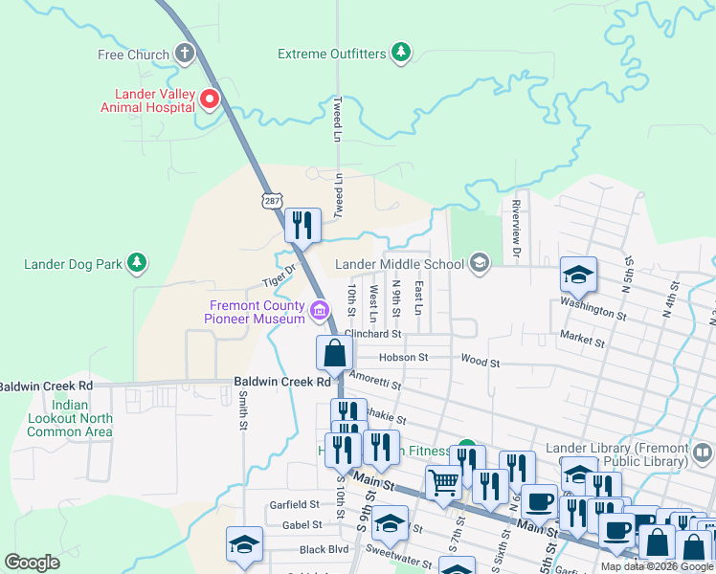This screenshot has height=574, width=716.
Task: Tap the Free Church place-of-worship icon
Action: [185, 55]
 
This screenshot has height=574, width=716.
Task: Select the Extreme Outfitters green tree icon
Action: [401, 54]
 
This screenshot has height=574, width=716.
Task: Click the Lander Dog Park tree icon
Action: [137, 263]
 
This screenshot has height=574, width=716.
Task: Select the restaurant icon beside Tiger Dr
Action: [302, 227]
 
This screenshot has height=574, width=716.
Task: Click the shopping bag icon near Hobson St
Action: [333, 353]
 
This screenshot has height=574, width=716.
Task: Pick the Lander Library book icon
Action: [702, 451]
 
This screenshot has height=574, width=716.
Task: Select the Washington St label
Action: [593, 313]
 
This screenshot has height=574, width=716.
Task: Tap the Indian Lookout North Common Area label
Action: [69, 418]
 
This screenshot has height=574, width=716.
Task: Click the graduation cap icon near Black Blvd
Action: [244, 544]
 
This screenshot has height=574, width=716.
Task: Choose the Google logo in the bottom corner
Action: [32, 563]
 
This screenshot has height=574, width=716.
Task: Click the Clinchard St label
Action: [372, 334]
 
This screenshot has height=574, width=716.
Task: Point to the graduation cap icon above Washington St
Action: [578, 276]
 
